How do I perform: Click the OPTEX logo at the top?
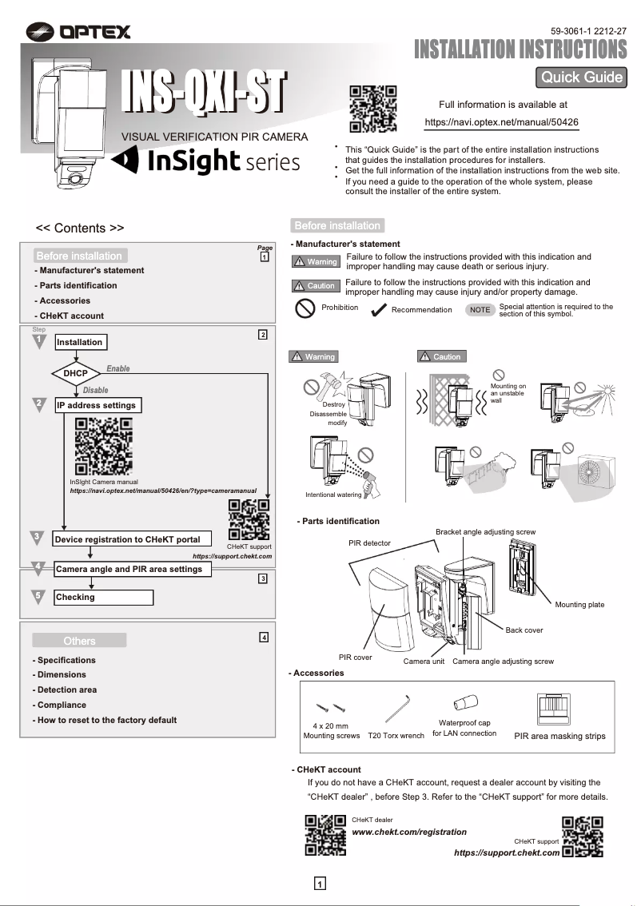pos(78,32)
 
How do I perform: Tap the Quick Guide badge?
pos(581,77)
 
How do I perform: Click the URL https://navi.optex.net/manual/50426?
pos(501,122)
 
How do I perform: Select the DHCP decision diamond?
pos(75,373)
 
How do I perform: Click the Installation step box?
pos(80,342)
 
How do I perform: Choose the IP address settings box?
pos(97,405)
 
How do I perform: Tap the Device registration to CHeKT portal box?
pos(127,539)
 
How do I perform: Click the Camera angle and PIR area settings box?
pos(133,569)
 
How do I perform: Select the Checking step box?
pos(103,597)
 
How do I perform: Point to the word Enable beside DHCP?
pos(118,368)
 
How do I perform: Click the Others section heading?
pos(79,641)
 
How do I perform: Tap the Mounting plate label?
pos(579,605)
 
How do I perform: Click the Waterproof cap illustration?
pos(464,703)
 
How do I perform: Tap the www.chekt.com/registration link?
pos(409,832)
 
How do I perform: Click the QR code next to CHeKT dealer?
pos(325,836)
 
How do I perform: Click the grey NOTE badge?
pos(480,309)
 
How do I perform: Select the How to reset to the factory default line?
pos(105,720)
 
